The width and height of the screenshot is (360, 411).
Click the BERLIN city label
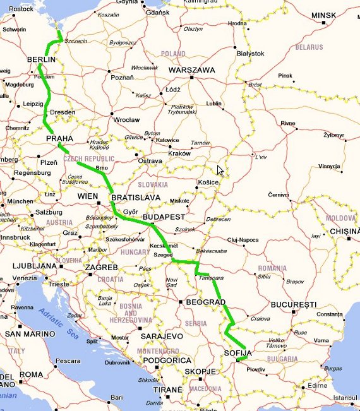click(x=41, y=59)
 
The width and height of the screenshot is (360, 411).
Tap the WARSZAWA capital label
click(x=193, y=70)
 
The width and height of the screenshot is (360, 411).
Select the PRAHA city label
click(x=60, y=138)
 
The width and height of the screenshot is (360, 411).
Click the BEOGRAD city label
click(x=205, y=302)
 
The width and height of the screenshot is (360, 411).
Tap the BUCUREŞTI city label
click(x=293, y=304)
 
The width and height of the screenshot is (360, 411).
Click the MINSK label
click(x=325, y=15)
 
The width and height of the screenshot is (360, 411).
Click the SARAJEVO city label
click(x=162, y=337)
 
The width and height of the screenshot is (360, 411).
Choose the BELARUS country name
click(x=309, y=47)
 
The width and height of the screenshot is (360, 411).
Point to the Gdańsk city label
click(x=157, y=12)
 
